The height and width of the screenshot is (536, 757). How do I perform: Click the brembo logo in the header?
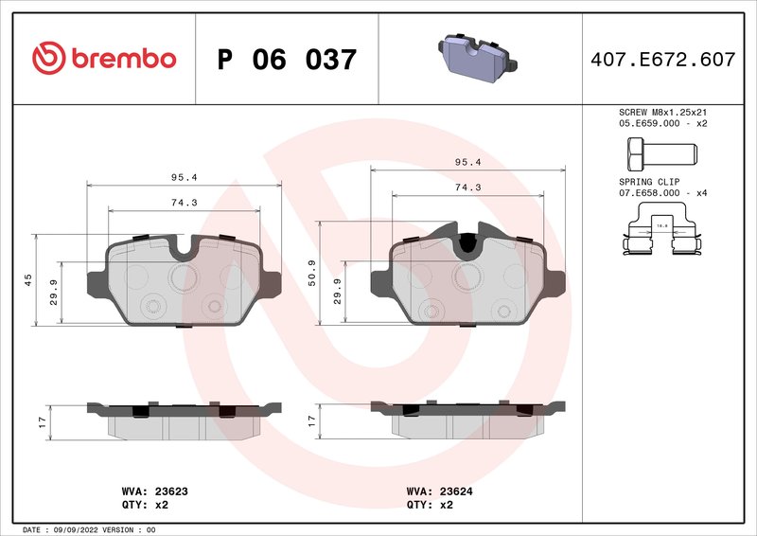[104, 59]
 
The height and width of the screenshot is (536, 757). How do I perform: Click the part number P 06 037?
[287, 60]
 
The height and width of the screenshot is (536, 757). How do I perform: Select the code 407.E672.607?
[661, 60]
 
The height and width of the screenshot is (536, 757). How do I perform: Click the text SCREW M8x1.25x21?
[662, 112]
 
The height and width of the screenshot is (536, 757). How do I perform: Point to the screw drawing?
[660, 152]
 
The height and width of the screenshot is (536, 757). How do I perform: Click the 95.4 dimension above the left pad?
[184, 177]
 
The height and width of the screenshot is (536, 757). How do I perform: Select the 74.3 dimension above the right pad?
[468, 188]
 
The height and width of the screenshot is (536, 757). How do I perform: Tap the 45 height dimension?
[27, 279]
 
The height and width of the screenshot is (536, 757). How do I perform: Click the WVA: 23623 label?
[154, 491]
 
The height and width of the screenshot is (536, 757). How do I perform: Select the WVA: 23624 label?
[439, 491]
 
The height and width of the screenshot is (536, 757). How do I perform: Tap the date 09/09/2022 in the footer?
[72, 529]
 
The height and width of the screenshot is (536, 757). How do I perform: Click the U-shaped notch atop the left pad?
[185, 248]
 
